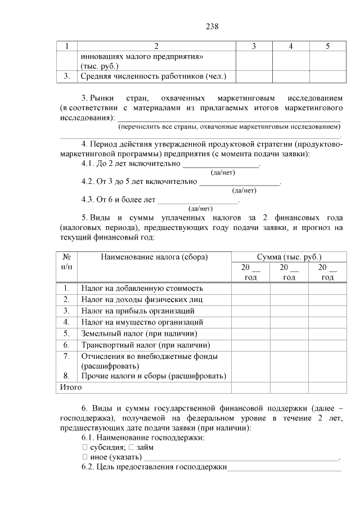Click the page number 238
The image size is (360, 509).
[x=211, y=26]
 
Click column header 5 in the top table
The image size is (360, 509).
[x=327, y=46]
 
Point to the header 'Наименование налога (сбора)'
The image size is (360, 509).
[x=154, y=257]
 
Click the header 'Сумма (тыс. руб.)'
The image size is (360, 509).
[x=289, y=257]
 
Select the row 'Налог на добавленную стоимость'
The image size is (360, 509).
[x=142, y=288]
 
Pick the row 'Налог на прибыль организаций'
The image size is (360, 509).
[x=138, y=310]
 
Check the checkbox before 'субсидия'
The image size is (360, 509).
[x=84, y=448]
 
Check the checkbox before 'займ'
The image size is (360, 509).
[x=130, y=448]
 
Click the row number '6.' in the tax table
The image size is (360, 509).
[x=66, y=345]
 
